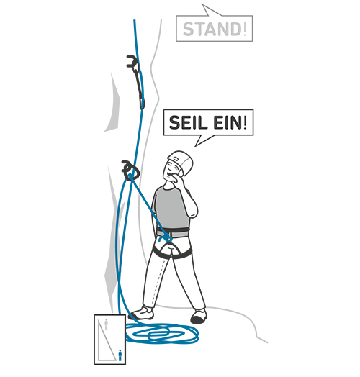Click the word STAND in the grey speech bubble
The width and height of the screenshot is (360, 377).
(x=212, y=29)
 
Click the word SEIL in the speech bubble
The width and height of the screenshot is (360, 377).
(x=188, y=122)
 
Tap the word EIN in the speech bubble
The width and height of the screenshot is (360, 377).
(x=228, y=122)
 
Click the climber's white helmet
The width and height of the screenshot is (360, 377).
(x=181, y=161)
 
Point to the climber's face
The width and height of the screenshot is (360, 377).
(x=171, y=171)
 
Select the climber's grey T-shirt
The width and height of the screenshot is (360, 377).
(x=171, y=208)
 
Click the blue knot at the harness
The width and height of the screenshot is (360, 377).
(x=168, y=239)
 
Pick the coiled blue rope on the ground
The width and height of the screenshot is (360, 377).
(x=162, y=333)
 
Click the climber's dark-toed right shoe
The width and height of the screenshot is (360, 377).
(x=199, y=316)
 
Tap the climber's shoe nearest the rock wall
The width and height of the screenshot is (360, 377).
(x=143, y=314)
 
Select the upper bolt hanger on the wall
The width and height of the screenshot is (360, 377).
(x=132, y=61)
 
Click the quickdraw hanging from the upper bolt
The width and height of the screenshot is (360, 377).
(x=140, y=86)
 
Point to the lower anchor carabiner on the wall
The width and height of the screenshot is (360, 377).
(x=130, y=171)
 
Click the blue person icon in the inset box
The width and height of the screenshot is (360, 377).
(x=120, y=355)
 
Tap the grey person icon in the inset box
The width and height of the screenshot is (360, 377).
(x=106, y=324)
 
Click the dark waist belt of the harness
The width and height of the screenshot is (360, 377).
(x=173, y=233)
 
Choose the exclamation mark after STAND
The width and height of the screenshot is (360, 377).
(x=245, y=29)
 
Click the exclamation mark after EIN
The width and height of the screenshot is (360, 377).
(x=246, y=122)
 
